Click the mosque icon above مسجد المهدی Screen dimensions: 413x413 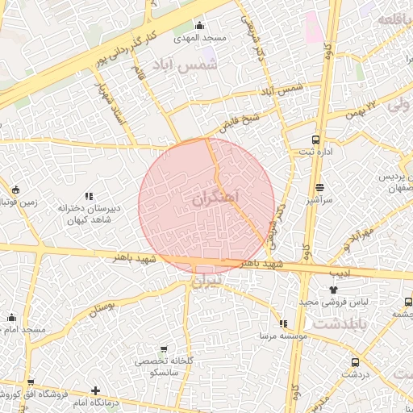(200, 25)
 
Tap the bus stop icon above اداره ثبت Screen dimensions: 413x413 (315, 139)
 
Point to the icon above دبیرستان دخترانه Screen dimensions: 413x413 (89, 196)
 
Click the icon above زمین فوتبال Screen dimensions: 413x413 (16, 190)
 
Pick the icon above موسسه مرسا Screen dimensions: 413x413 (283, 323)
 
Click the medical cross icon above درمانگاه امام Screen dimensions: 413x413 (96, 391)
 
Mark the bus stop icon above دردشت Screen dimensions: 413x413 (355, 362)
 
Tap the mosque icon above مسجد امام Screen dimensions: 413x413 (11, 318)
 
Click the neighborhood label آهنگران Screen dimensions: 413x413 (218, 196)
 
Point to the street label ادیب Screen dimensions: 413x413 (341, 273)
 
